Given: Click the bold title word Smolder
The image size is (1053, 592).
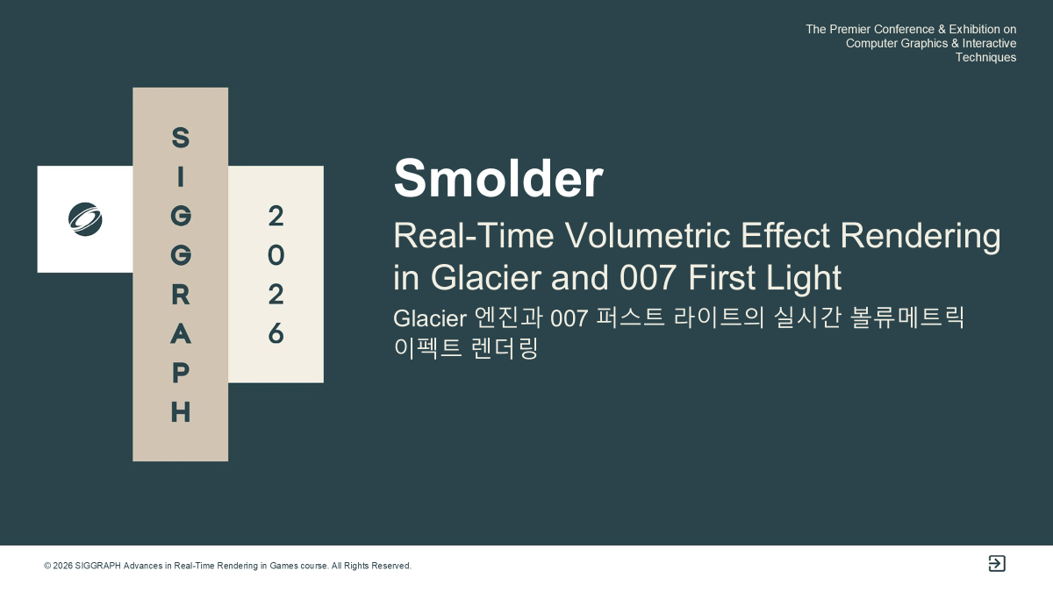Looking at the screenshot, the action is (x=498, y=179).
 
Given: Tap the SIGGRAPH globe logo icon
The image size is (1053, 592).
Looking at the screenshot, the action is (x=85, y=219).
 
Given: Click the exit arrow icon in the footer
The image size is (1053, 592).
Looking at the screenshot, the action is (x=997, y=563).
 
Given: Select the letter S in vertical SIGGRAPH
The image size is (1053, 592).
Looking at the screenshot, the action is (x=181, y=137).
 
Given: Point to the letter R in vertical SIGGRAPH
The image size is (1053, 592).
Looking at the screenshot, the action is (x=181, y=295).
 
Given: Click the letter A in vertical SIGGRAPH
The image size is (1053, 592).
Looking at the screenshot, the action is (x=181, y=334).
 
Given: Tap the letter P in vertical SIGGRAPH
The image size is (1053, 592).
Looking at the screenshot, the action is (x=181, y=373).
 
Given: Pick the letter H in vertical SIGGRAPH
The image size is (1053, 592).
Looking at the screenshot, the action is (x=181, y=412).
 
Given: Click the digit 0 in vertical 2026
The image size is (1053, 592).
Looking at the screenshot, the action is (x=276, y=255).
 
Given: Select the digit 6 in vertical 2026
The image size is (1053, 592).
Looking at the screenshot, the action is (x=276, y=334).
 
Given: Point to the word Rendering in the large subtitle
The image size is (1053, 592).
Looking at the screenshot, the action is (x=920, y=236).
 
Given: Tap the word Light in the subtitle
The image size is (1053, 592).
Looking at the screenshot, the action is (x=804, y=278).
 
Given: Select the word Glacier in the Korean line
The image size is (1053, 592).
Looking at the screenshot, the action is (x=430, y=318).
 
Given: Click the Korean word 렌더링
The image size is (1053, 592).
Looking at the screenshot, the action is (x=504, y=348).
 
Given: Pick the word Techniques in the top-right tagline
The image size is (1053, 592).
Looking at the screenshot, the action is (x=985, y=58).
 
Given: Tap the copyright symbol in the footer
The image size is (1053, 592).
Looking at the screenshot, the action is (x=47, y=566).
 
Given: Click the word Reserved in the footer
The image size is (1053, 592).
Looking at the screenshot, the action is (x=391, y=566).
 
